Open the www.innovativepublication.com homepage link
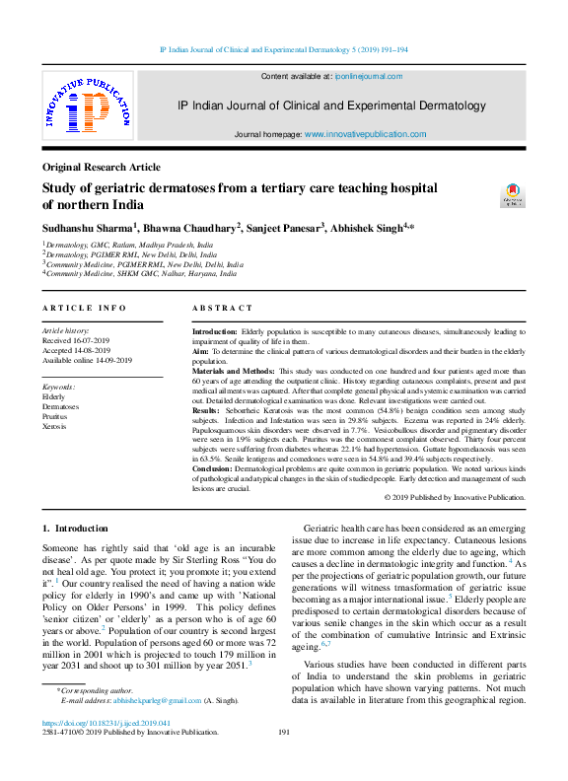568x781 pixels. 365,134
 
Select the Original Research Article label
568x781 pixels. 101,168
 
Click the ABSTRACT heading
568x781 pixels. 222,309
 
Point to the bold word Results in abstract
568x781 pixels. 207,409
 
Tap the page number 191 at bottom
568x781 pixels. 284,760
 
